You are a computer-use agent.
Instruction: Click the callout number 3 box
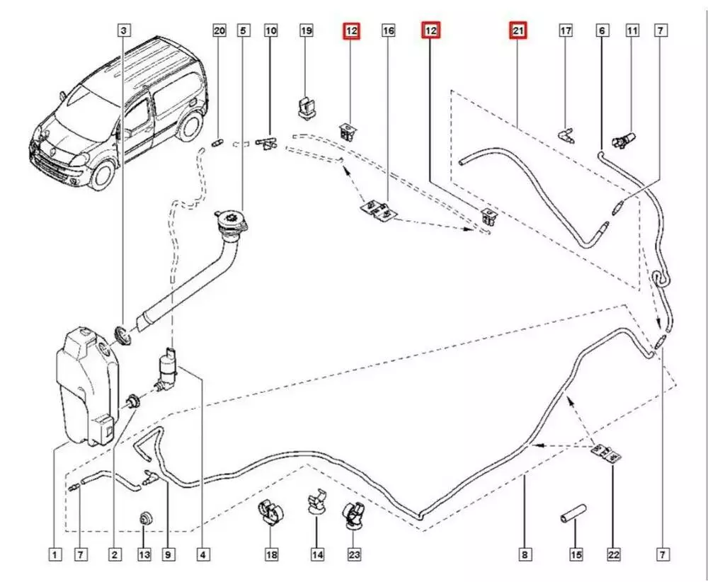(x=124, y=30)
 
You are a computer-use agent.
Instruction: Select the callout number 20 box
(x=219, y=30)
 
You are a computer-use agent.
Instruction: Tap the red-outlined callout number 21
(x=518, y=30)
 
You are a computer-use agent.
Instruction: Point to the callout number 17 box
(x=566, y=30)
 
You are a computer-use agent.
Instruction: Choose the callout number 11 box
(x=632, y=30)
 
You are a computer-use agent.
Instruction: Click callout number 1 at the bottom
(x=55, y=555)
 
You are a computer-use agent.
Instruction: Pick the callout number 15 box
(x=576, y=555)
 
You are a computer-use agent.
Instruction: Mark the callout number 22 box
(x=613, y=555)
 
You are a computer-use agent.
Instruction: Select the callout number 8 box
(x=525, y=555)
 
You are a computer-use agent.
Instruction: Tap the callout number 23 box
(x=354, y=555)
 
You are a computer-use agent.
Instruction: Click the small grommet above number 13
(x=146, y=517)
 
